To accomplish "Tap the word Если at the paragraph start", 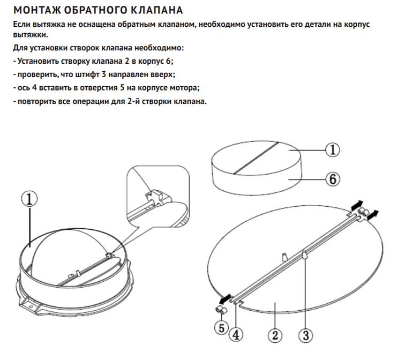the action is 21,24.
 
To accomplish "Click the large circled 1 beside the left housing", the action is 29,199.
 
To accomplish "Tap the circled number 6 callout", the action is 333,179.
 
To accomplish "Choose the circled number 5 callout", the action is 221,328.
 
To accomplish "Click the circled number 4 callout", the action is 236,335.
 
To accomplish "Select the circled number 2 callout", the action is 275,335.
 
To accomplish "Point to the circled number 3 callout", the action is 305,335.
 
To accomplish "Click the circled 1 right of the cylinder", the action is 333,150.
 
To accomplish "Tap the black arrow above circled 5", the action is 225,299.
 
